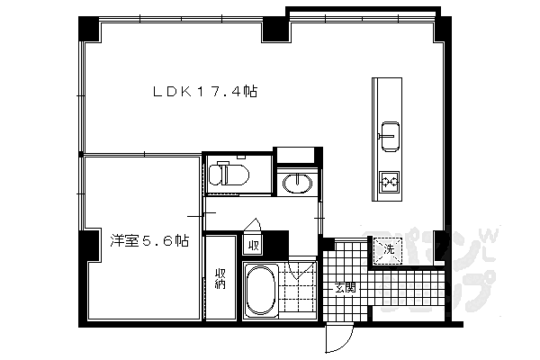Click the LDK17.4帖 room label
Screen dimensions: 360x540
pos(205,91)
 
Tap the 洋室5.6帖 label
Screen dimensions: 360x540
pos(149,241)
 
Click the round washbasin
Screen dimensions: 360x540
pos(296,184)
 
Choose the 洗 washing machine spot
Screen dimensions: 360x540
pos(388,248)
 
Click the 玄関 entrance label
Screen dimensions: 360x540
pos(345,288)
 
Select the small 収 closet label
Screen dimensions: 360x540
pos(253,245)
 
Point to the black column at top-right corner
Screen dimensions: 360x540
pos(441,28)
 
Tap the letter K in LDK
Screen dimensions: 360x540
pos(184,91)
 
